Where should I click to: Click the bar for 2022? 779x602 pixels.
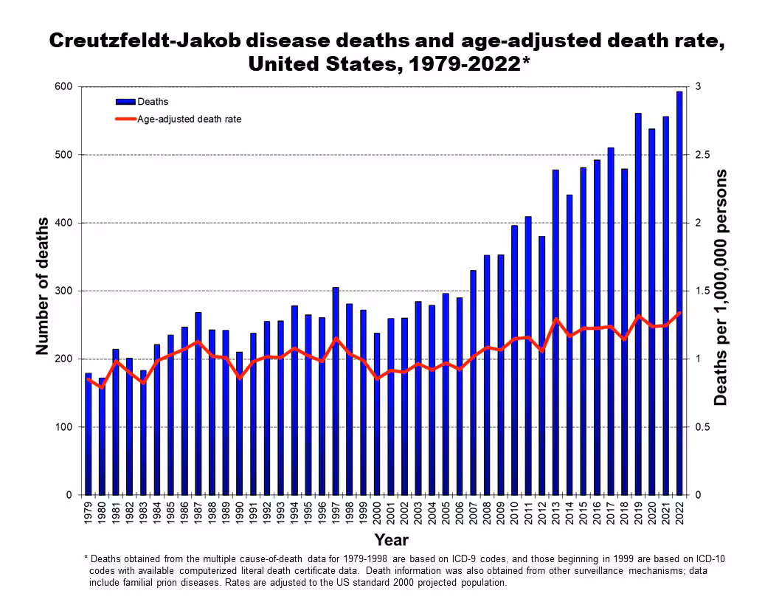[679, 295]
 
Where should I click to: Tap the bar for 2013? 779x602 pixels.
[555, 332]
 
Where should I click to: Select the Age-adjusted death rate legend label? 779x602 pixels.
[190, 119]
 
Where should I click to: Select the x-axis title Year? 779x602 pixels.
[391, 540]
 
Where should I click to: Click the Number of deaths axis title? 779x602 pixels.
[42, 286]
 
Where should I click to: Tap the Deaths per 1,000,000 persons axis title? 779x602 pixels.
[721, 288]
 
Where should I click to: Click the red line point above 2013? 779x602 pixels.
[555, 319]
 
